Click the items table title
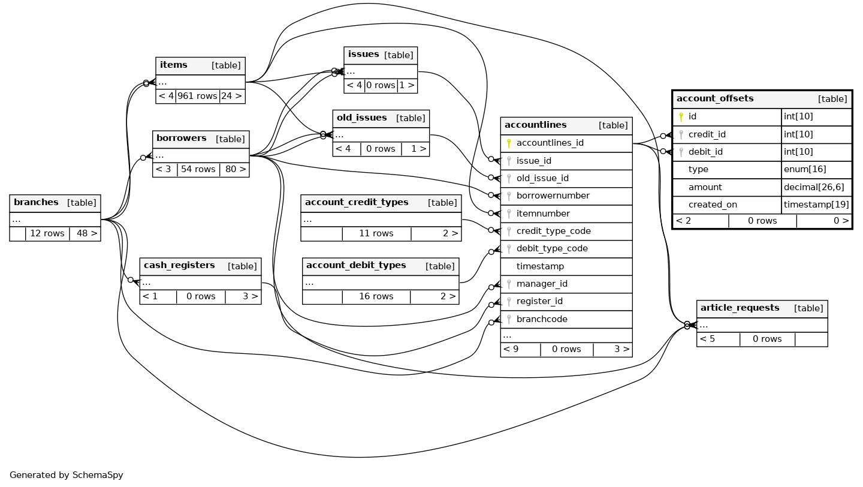pyautogui.click(x=174, y=65)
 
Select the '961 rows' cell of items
pyautogui.click(x=197, y=96)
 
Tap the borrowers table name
pyautogui.click(x=181, y=139)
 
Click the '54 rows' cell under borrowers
pyautogui.click(x=198, y=169)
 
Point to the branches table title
pyautogui.click(x=36, y=203)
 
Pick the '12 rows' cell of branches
pyautogui.click(x=47, y=233)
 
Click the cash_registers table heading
pyautogui.click(x=179, y=266)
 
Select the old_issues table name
pyautogui.click(x=361, y=118)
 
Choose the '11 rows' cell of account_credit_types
pyautogui.click(x=376, y=233)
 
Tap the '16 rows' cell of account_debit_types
pyautogui.click(x=376, y=296)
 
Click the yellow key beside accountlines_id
pyautogui.click(x=509, y=143)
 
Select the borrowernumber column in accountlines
pyautogui.click(x=553, y=196)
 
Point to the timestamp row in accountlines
pyautogui.click(x=540, y=266)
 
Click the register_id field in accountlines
pyautogui.click(x=539, y=301)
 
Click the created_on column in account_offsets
pyautogui.click(x=713, y=205)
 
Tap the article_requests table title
pyautogui.click(x=740, y=308)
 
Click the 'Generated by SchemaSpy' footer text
pyautogui.click(x=66, y=475)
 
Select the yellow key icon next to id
pyautogui.click(x=681, y=116)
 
